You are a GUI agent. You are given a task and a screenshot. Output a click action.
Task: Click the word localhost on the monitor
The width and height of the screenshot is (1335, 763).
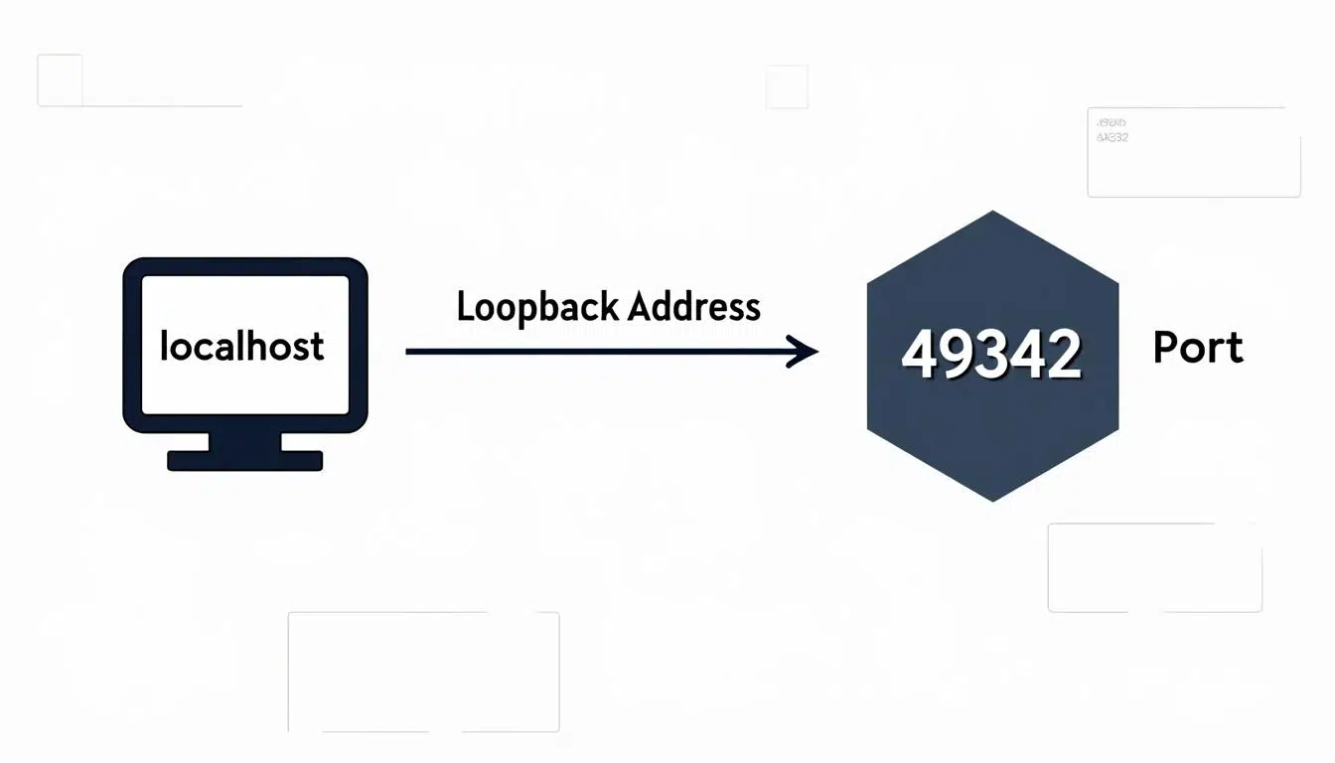click(x=241, y=346)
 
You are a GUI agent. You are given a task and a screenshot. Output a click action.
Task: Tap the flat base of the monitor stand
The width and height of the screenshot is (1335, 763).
click(x=244, y=460)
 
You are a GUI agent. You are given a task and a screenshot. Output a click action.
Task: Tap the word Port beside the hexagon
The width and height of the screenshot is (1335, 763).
click(x=1198, y=348)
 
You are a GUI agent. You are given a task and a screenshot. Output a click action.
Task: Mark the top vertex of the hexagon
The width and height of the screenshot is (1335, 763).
click(x=993, y=212)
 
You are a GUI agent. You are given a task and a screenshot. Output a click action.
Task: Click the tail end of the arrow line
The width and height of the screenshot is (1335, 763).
click(x=409, y=351)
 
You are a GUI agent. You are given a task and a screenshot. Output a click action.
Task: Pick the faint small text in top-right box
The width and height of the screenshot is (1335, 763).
click(x=1112, y=130)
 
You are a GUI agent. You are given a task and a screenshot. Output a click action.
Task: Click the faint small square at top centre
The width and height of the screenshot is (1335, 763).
click(x=787, y=87)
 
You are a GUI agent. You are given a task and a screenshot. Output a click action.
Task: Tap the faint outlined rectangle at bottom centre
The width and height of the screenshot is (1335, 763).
click(x=423, y=672)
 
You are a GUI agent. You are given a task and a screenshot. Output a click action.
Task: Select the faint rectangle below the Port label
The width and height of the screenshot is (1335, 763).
click(x=1154, y=567)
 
